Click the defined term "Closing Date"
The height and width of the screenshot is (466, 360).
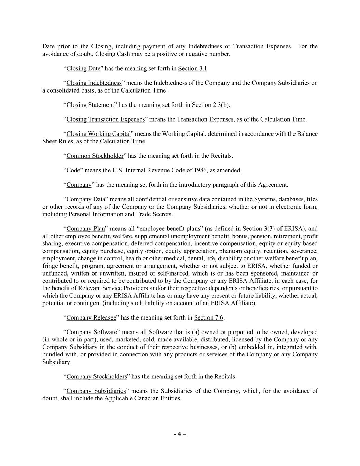pyautogui.click(x=83, y=68)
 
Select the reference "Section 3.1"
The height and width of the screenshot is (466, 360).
pyautogui.click(x=192, y=68)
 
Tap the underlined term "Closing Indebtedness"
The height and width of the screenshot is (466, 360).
pyautogui.click(x=94, y=83)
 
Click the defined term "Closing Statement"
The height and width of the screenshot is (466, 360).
pyautogui.click(x=90, y=105)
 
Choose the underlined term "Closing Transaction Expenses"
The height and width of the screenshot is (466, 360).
pyautogui.click(x=105, y=119)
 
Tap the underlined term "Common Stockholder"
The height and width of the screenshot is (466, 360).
pyautogui.click(x=95, y=156)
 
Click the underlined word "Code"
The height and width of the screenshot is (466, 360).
pyautogui.click(x=73, y=170)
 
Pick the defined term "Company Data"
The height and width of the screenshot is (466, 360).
pyautogui.click(x=86, y=199)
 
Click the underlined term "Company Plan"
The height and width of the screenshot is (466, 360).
pyautogui.click(x=85, y=229)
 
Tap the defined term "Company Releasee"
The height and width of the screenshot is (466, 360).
pyautogui.click(x=91, y=318)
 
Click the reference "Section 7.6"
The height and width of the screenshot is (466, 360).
pyautogui.click(x=208, y=318)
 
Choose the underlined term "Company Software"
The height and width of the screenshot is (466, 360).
pyautogui.click(x=91, y=332)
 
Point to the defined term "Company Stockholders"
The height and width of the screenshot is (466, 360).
pyautogui.click(x=97, y=377)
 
